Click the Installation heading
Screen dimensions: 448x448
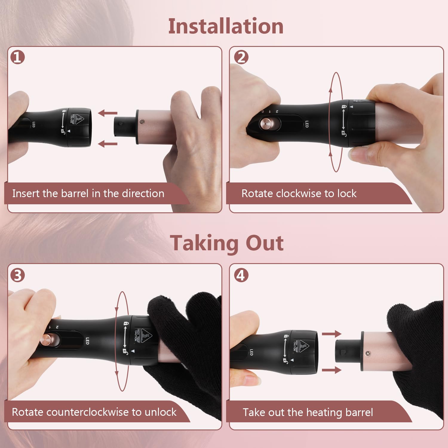pos(226,26)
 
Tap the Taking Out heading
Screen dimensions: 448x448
pos(227,243)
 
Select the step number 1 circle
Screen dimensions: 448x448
pos(18,57)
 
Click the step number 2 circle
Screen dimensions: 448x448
pos(241,57)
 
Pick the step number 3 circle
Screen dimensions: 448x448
pos(18,275)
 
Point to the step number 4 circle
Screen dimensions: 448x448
pos(241,275)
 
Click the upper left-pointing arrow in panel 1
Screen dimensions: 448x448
pos(108,113)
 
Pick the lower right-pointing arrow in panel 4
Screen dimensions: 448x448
pos(332,370)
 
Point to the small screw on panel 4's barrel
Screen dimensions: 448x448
pos(368,354)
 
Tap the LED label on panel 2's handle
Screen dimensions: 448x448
pos(307,124)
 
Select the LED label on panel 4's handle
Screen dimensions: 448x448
pos(251,352)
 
